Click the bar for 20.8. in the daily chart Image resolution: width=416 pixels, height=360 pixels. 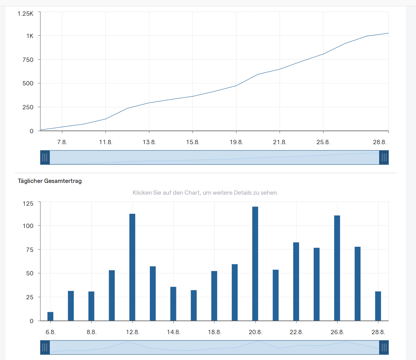pos(255,264)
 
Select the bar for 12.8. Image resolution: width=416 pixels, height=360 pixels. pos(132,267)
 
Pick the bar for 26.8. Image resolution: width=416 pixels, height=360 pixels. pos(337,268)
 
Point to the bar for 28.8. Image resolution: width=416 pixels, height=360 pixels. pos(378,306)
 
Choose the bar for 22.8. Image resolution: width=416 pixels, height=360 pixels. pos(296,281)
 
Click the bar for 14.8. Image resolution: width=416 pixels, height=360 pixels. pos(173,304)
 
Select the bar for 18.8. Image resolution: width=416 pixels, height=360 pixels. pos(214,296)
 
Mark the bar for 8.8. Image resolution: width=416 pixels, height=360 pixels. pos(91,306)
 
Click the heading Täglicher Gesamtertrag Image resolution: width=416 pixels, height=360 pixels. pos(50,181)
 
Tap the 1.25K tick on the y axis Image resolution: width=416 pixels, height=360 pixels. pos(25,13)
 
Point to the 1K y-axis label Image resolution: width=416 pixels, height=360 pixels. pos(30,36)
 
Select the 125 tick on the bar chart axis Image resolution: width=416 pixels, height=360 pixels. pos(28,203)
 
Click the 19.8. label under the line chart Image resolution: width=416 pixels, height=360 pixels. pos(236,142)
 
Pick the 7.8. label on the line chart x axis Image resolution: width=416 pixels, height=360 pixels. pos(62,142)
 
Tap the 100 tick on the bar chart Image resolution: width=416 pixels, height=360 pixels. pos(28,226)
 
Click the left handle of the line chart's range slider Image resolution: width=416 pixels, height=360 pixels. pos(45,157)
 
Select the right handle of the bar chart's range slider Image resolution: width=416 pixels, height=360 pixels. pos(384,347)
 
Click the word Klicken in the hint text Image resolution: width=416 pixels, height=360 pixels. pos(142,193)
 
